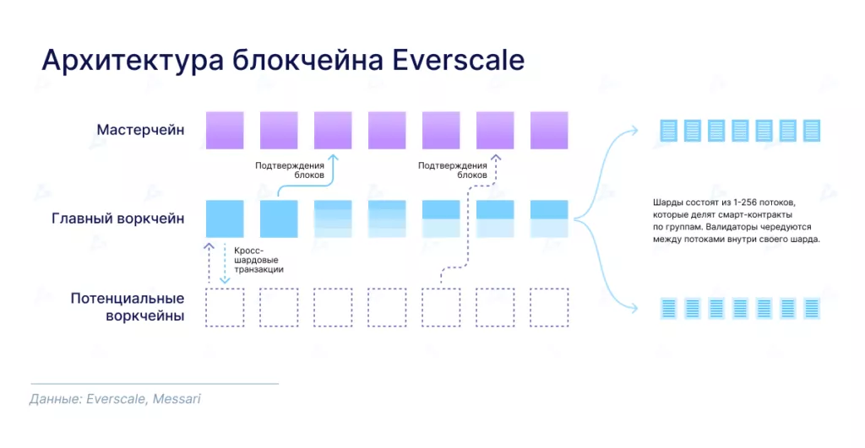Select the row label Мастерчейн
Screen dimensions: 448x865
point(140,130)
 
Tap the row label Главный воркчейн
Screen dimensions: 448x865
point(118,219)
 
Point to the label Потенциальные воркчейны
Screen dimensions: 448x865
point(128,308)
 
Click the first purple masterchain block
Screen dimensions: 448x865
point(225,130)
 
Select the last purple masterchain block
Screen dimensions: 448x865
point(549,130)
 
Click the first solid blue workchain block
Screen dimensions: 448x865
point(225,219)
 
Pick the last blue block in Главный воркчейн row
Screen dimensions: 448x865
point(549,219)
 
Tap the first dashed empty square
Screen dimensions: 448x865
point(225,308)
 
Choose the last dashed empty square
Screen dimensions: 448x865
point(549,308)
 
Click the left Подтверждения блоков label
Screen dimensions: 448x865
point(290,170)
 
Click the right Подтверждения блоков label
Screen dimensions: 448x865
point(453,170)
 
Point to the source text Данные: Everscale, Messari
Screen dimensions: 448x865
point(115,398)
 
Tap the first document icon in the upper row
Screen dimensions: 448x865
point(669,131)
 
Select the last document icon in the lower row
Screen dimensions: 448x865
point(812,308)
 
